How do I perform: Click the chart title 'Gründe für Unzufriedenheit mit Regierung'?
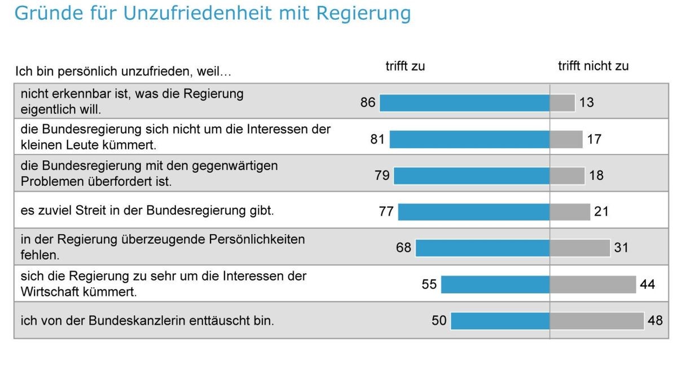212,12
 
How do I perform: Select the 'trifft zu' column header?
405,66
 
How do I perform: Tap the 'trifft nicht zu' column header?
593,66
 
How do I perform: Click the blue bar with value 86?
464,103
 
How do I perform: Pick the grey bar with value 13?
562,103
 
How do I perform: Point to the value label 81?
377,139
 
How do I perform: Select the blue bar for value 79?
472,176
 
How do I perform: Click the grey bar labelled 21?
570,212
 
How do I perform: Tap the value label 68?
403,247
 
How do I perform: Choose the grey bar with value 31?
580,248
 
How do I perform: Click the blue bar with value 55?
495,284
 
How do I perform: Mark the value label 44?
648,284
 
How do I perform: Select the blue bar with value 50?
500,321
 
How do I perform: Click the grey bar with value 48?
597,321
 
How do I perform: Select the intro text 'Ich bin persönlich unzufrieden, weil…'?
124,72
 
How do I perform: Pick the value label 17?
594,139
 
